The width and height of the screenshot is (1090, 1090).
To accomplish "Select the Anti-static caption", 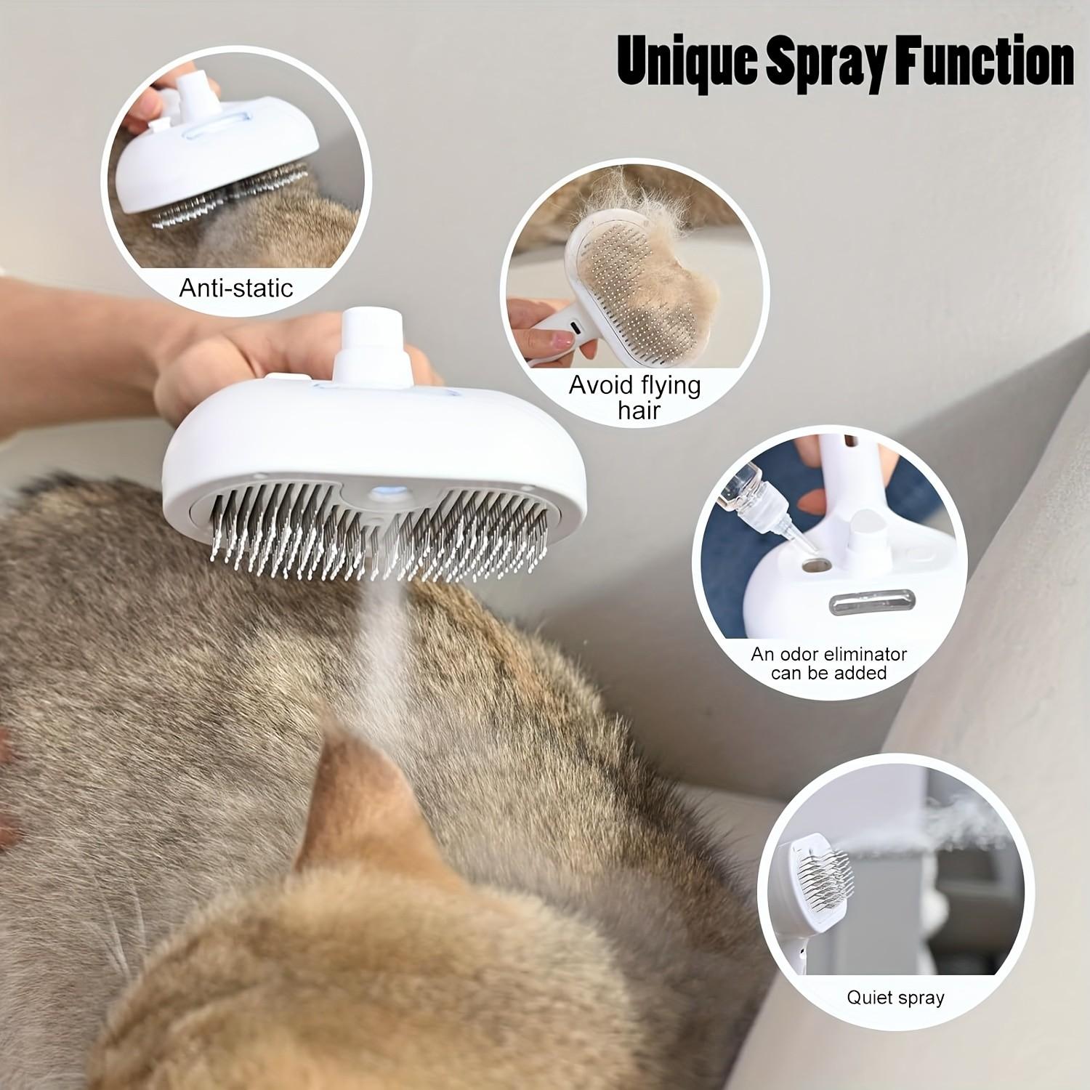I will click(x=236, y=288).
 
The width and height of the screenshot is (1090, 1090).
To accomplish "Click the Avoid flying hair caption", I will click(x=634, y=397).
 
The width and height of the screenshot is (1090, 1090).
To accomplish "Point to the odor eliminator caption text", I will click(x=829, y=663).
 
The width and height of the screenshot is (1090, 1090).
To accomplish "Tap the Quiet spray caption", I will click(x=895, y=997).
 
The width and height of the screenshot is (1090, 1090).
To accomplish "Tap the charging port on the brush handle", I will click(x=575, y=328).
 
